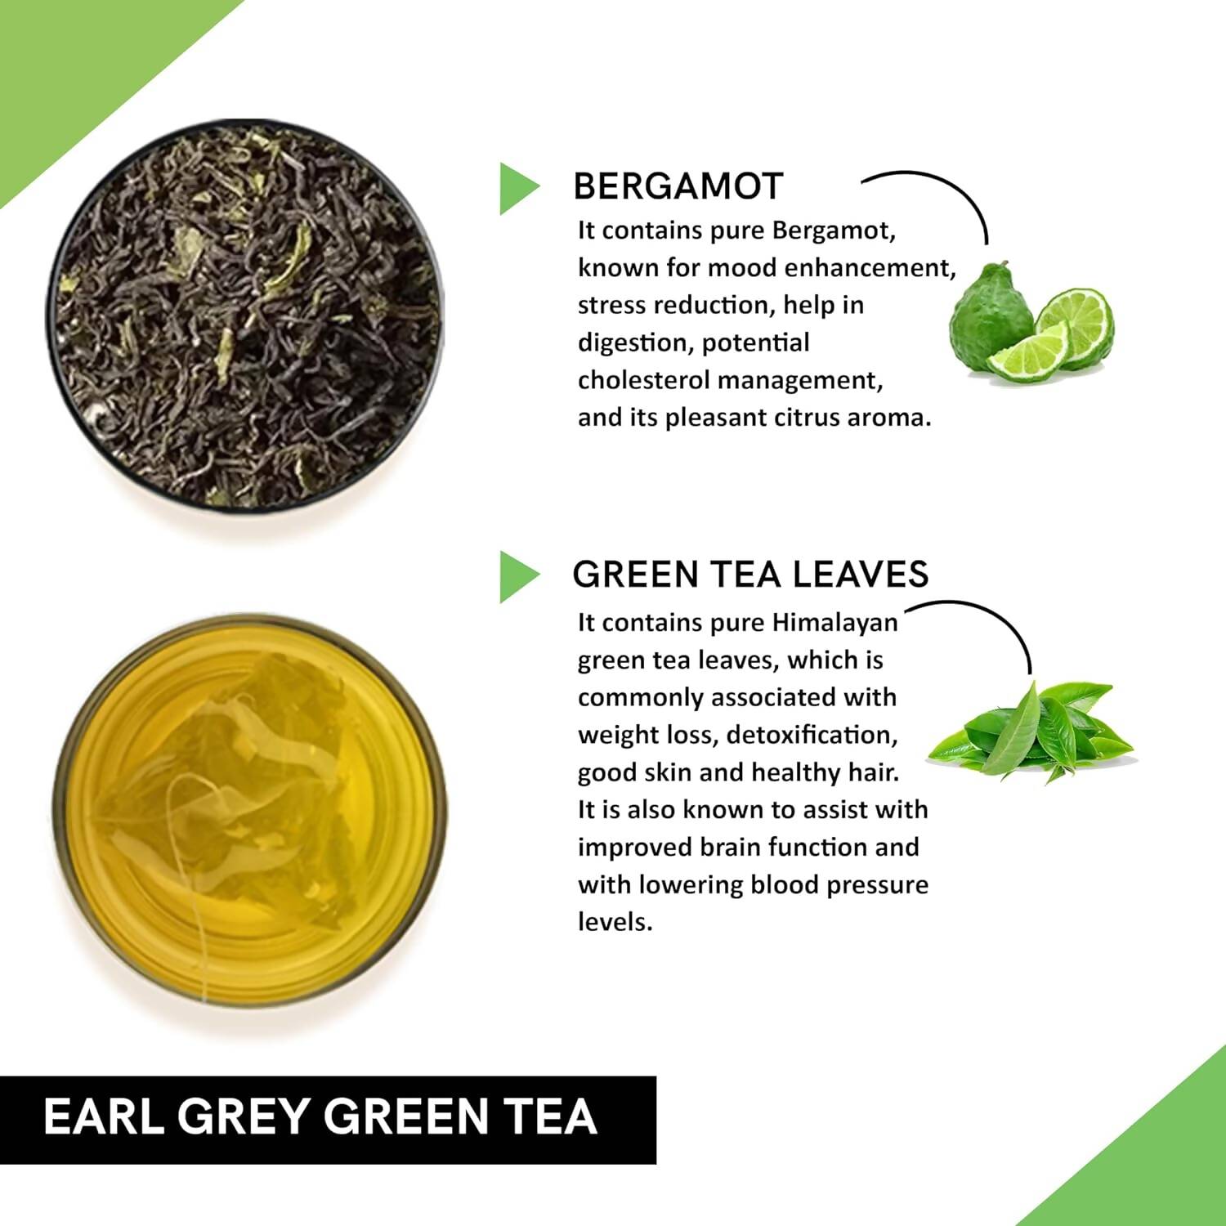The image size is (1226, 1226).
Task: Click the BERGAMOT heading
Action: [678, 187]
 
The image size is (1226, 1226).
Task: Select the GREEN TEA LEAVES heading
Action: [750, 575]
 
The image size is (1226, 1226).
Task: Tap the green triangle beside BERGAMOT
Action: [517, 189]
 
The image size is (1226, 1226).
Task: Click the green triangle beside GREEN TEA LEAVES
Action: [517, 577]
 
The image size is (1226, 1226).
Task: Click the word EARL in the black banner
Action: [103, 1117]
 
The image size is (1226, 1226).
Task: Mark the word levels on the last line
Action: [615, 923]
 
